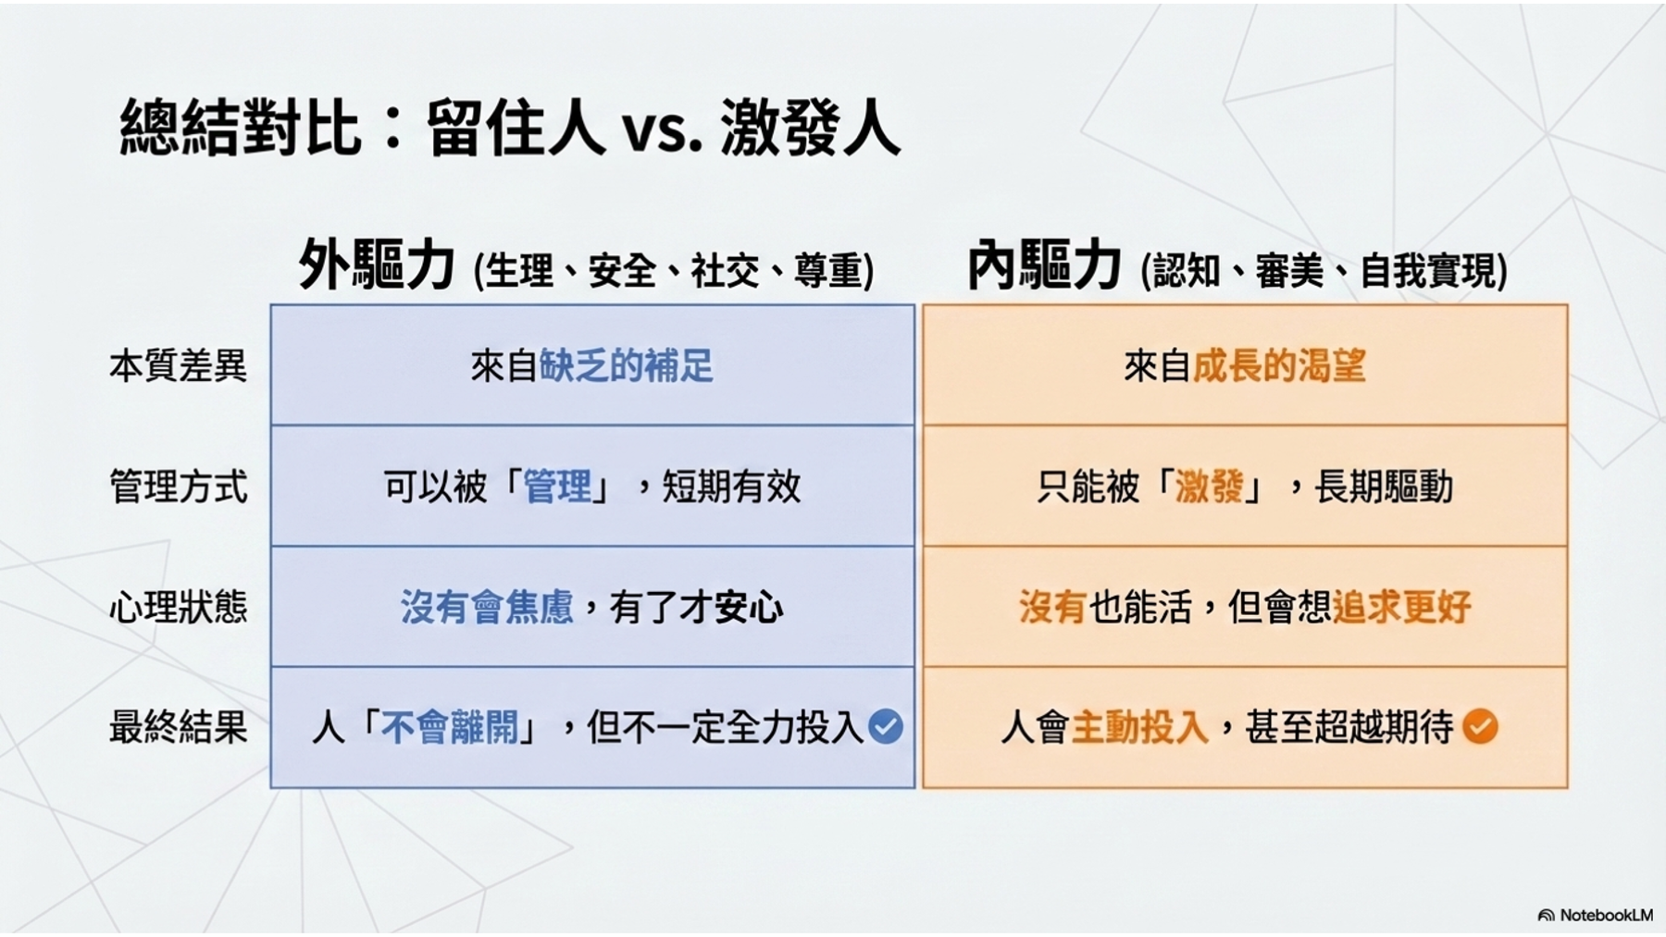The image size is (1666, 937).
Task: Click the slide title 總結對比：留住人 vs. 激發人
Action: pyautogui.click(x=510, y=127)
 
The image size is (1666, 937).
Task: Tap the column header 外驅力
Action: pyautogui.click(x=377, y=265)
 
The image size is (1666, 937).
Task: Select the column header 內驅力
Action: pyautogui.click(x=1044, y=265)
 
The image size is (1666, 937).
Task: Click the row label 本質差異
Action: pyautogui.click(x=179, y=366)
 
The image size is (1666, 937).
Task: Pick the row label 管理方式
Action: pyautogui.click(x=179, y=487)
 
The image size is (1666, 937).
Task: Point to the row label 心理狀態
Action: pyautogui.click(x=179, y=607)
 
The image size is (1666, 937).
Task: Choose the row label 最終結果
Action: pyautogui.click(x=179, y=727)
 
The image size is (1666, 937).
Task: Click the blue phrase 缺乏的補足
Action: pyautogui.click(x=627, y=366)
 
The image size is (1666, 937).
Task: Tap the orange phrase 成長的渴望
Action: pyautogui.click(x=1279, y=366)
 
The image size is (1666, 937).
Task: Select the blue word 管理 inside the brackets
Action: pyautogui.click(x=557, y=487)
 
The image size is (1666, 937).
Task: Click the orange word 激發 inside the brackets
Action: pyautogui.click(x=1210, y=487)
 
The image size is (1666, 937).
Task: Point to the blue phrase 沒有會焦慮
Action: pyautogui.click(x=487, y=607)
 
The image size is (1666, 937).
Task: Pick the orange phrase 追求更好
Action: pyautogui.click(x=1402, y=607)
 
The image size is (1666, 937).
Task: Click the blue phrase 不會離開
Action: pyautogui.click(x=450, y=727)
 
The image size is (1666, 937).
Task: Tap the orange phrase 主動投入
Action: pyautogui.click(x=1140, y=727)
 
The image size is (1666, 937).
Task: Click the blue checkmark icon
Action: pyautogui.click(x=886, y=727)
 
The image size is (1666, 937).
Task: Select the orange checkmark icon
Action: pyautogui.click(x=1481, y=727)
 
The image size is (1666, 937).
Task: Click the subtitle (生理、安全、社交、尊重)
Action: pyautogui.click(x=674, y=271)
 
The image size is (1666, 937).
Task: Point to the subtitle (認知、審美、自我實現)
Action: pyautogui.click(x=1324, y=271)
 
